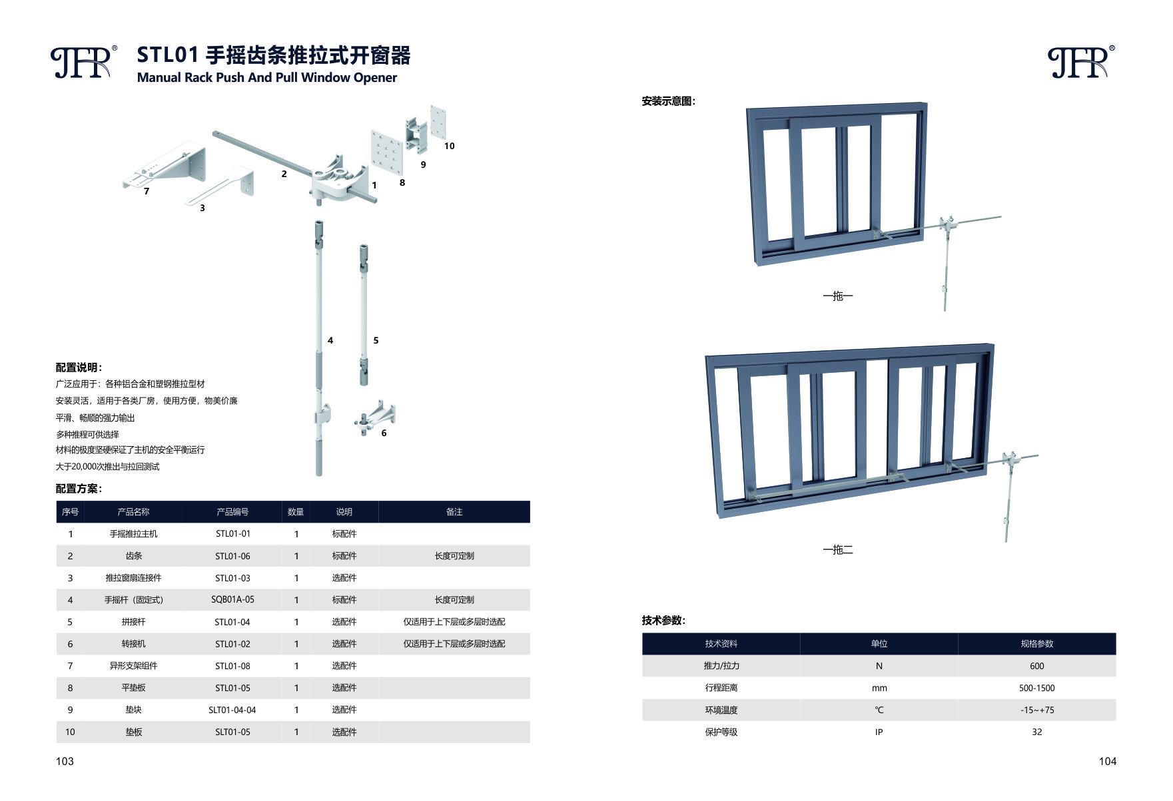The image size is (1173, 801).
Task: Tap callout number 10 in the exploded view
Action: (x=450, y=146)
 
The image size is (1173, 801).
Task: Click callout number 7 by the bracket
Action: (x=147, y=191)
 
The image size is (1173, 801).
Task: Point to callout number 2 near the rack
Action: (x=284, y=174)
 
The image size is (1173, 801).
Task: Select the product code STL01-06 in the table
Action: (x=232, y=556)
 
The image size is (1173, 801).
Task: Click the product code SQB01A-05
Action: (x=232, y=600)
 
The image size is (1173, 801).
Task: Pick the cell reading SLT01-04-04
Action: (x=232, y=710)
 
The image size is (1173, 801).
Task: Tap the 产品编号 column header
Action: (x=232, y=512)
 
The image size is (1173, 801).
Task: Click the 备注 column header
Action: (x=454, y=512)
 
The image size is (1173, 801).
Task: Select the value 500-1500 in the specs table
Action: (x=1036, y=688)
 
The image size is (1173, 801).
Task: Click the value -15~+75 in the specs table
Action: (x=1036, y=710)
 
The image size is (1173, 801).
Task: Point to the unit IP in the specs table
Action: (x=879, y=732)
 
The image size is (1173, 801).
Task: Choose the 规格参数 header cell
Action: (x=1036, y=644)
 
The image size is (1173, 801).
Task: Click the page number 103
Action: (x=65, y=762)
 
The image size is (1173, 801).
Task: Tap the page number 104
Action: (x=1107, y=762)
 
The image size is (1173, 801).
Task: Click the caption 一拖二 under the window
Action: (x=837, y=550)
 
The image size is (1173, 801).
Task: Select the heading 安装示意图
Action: (x=668, y=101)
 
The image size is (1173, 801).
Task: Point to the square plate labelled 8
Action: (x=386, y=150)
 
